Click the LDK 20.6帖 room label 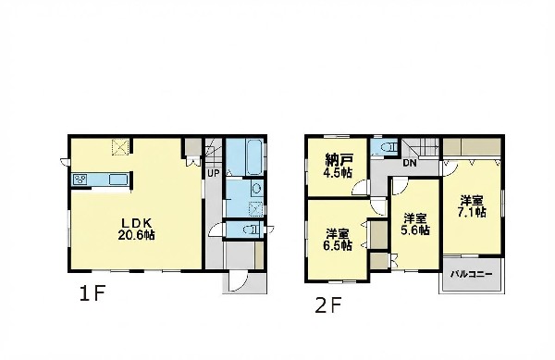click(x=137, y=230)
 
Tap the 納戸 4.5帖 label click(x=338, y=167)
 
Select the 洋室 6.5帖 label click(x=338, y=240)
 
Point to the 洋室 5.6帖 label click(x=415, y=225)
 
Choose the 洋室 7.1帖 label click(x=472, y=206)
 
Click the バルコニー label click(x=471, y=274)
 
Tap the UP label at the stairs click(x=214, y=173)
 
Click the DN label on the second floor click(x=410, y=164)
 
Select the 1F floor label click(x=92, y=293)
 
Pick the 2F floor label click(x=328, y=305)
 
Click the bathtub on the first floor click(x=254, y=156)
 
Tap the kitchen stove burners click(x=80, y=180)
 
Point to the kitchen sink click(x=117, y=180)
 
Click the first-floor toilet click(x=252, y=230)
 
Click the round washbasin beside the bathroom click(x=256, y=188)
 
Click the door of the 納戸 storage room click(x=360, y=187)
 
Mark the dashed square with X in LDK click(x=120, y=147)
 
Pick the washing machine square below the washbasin click(x=256, y=208)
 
